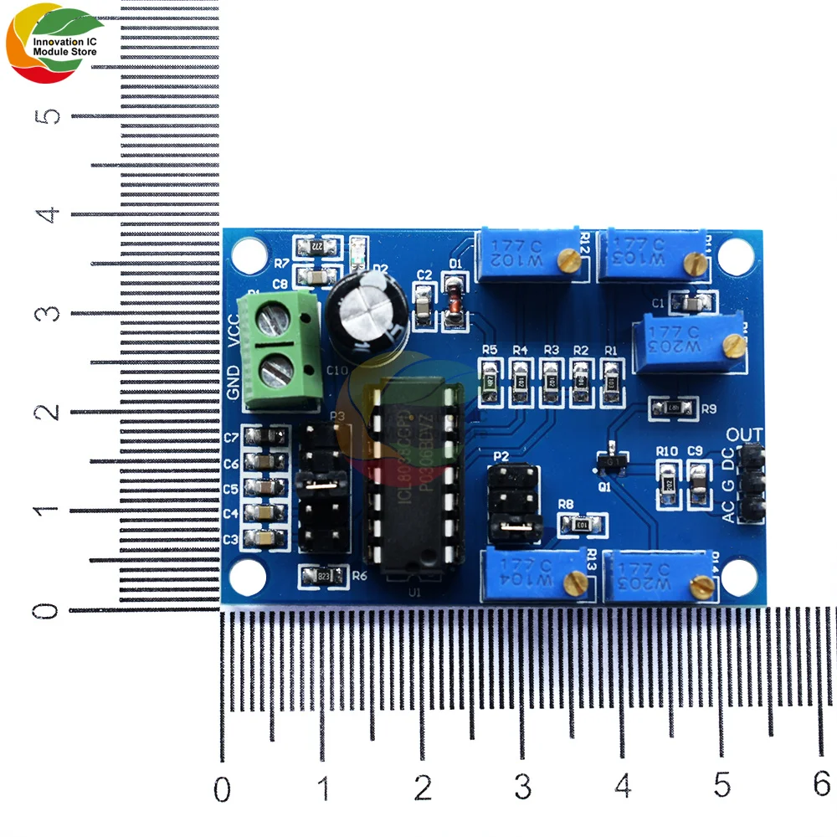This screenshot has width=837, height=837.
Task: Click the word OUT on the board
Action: click(744, 434)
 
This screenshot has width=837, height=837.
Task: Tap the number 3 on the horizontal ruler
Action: click(523, 787)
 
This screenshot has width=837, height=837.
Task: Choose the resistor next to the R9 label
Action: click(674, 408)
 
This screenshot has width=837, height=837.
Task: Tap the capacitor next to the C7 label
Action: click(265, 436)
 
